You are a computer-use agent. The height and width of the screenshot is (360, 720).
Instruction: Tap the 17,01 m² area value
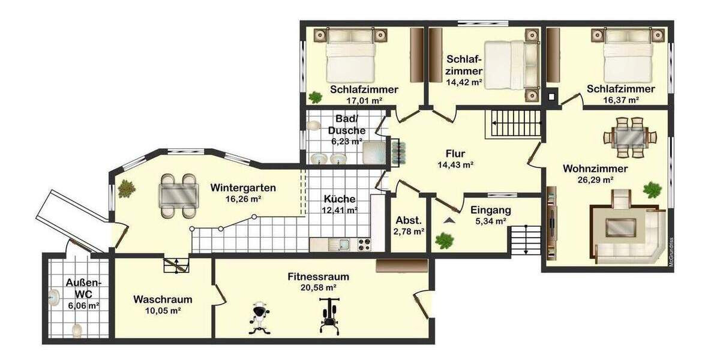point(363,101)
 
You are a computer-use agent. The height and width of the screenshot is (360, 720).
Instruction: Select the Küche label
point(340,199)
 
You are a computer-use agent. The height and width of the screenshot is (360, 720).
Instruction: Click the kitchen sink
point(343,244)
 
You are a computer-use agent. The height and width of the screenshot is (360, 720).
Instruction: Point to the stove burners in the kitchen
point(364,244)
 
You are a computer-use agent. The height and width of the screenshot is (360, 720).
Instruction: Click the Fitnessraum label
point(318,277)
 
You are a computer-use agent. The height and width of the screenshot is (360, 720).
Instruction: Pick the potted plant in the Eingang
point(444,241)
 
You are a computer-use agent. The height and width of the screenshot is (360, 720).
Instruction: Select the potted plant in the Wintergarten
point(126,188)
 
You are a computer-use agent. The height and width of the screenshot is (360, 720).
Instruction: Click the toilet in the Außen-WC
point(77,329)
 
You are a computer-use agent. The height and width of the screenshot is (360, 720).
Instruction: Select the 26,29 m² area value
point(595,179)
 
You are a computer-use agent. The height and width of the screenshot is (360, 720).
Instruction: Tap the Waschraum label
point(163,299)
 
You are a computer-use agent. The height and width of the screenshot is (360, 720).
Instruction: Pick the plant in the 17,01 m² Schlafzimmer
point(314,97)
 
